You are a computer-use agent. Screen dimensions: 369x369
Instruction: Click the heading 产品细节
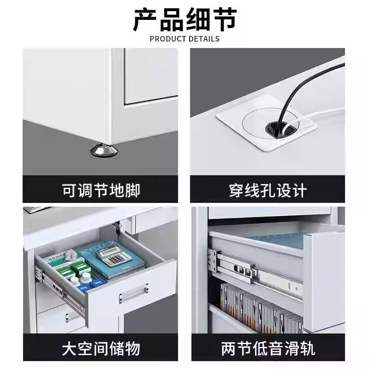point(185,20)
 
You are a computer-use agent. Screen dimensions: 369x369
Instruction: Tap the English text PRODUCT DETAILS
point(185,39)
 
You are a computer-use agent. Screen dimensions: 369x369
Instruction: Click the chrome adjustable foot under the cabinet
point(104,150)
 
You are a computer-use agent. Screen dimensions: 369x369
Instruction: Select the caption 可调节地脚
point(101,190)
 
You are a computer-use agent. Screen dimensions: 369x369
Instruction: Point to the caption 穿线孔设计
point(268,190)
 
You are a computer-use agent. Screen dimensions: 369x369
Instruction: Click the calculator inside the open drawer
point(114,255)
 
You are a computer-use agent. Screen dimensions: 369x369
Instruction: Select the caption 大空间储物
point(101,349)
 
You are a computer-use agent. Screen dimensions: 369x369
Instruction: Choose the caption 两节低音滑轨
point(268,349)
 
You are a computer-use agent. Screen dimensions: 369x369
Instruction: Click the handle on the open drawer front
point(133,293)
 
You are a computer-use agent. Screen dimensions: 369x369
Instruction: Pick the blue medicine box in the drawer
point(96,284)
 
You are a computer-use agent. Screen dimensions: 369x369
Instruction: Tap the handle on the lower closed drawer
point(67,318)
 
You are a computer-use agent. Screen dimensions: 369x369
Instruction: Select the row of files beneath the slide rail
point(261,305)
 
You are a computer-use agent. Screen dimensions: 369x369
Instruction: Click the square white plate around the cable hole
point(267,122)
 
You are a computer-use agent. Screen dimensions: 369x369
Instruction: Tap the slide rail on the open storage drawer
point(60,290)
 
